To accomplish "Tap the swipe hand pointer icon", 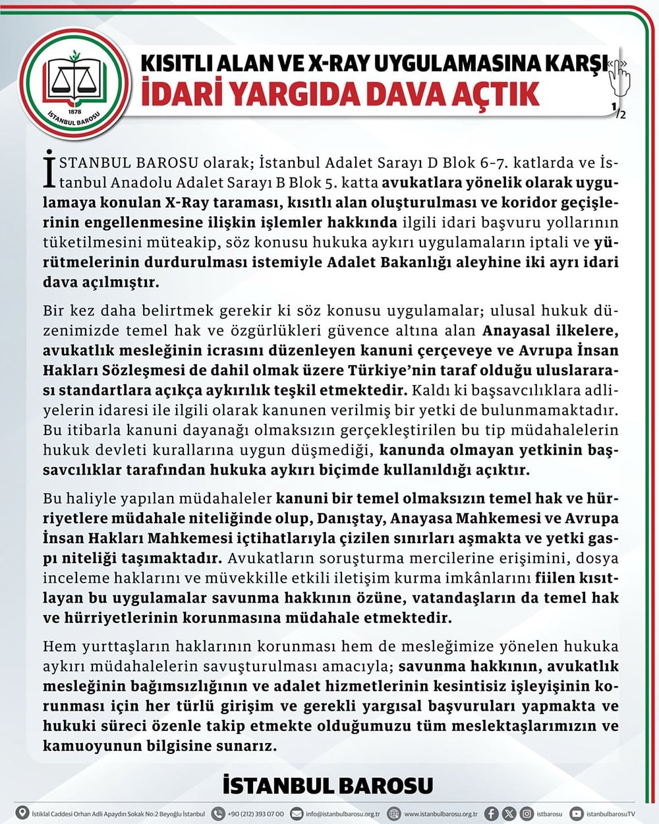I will (x=618, y=77).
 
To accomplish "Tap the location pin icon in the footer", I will (x=22, y=813).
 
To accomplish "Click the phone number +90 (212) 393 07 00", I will (x=256, y=813).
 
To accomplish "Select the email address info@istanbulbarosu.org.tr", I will (x=343, y=813).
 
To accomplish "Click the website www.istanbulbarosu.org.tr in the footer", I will (x=441, y=813).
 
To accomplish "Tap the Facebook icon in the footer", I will (x=491, y=813).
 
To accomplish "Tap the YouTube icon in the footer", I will (x=577, y=813).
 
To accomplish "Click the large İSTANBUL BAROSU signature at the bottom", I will (x=328, y=786).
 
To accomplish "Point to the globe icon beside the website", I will (x=393, y=813).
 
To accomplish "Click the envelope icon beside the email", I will (x=297, y=813).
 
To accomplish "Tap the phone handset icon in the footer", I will (x=217, y=813).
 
